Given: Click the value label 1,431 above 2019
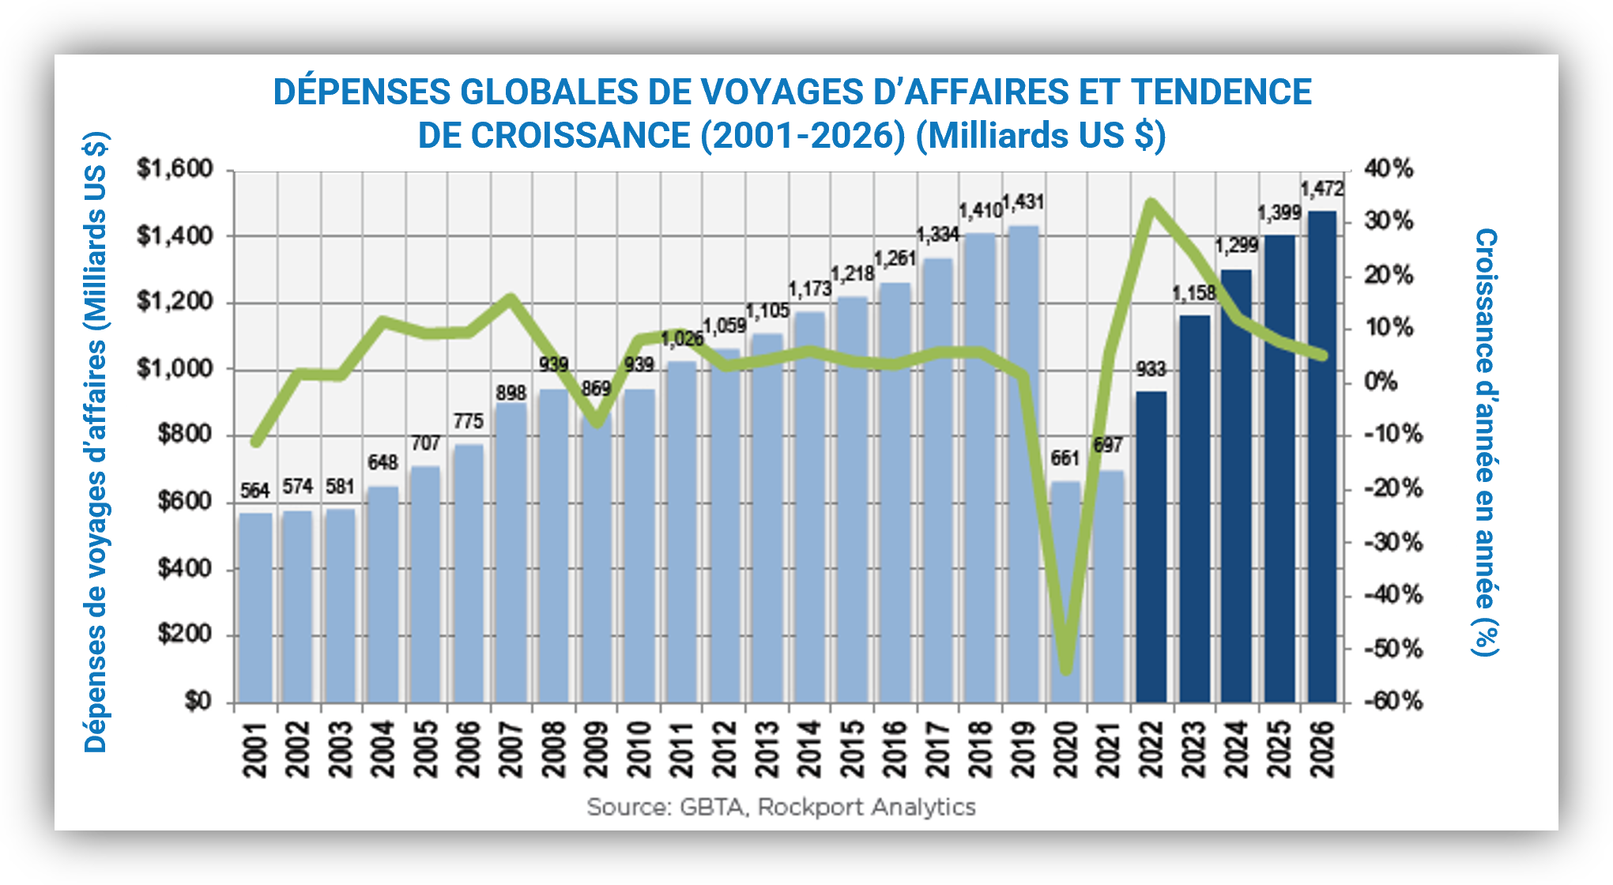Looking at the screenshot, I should [x=1023, y=202].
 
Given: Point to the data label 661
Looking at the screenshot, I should [x=1065, y=458].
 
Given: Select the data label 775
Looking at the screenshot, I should [x=468, y=421].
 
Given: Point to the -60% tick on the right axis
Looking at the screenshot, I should [x=1393, y=702].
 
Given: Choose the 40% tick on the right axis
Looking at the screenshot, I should [x=1389, y=169].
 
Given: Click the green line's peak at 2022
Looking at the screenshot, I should [x=1151, y=204].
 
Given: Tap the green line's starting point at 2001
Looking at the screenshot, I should [x=255, y=442].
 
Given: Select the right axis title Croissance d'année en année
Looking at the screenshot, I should [x=1487, y=442].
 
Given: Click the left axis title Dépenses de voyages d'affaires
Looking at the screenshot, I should [x=96, y=442].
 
